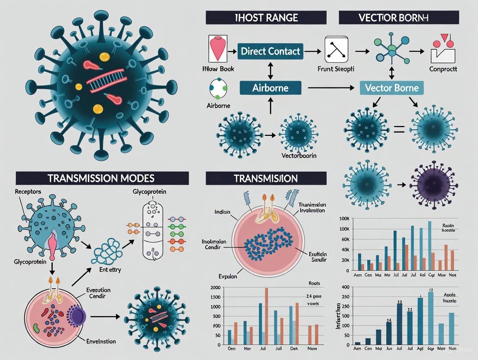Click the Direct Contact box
pyautogui.click(x=271, y=51)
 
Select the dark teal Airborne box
pyautogui.click(x=270, y=88)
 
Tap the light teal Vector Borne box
pyautogui.click(x=392, y=88)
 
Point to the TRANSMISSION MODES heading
pyautogui.click(x=102, y=178)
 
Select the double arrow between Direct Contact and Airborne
pyautogui.click(x=271, y=70)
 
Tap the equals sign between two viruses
pyautogui.click(x=398, y=129)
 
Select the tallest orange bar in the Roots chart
pyautogui.click(x=266, y=316)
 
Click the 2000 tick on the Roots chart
pyautogui.click(x=214, y=288)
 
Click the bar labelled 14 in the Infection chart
pyautogui.click(x=388, y=333)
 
